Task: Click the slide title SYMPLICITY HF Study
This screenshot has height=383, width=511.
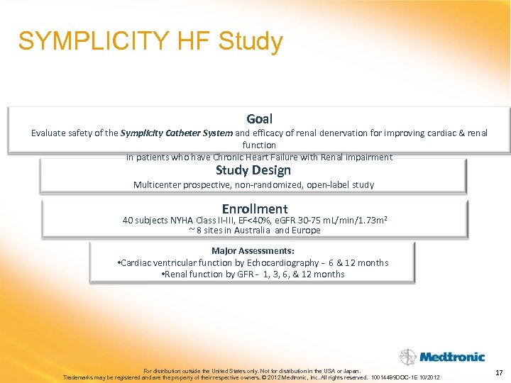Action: (x=150, y=41)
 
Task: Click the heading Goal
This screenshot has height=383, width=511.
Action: (x=259, y=119)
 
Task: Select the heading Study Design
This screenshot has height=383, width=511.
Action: (x=253, y=170)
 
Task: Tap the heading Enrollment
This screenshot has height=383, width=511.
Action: (x=255, y=209)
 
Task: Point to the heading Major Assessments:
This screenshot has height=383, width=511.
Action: (x=253, y=250)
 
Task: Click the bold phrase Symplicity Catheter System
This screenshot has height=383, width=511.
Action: (x=177, y=133)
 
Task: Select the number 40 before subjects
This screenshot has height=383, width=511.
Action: (x=128, y=221)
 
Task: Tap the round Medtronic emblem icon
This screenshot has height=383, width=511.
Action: (x=407, y=357)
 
